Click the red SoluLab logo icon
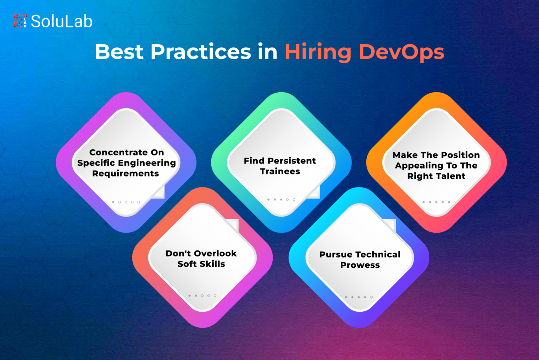coord(20,21)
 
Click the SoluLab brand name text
coord(62,21)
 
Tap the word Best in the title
coord(119,52)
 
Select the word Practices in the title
coord(201,52)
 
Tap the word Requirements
coord(126,173)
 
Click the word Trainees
coord(280,171)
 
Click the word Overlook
coord(215,253)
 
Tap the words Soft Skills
coord(201,264)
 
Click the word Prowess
coord(360,265)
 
